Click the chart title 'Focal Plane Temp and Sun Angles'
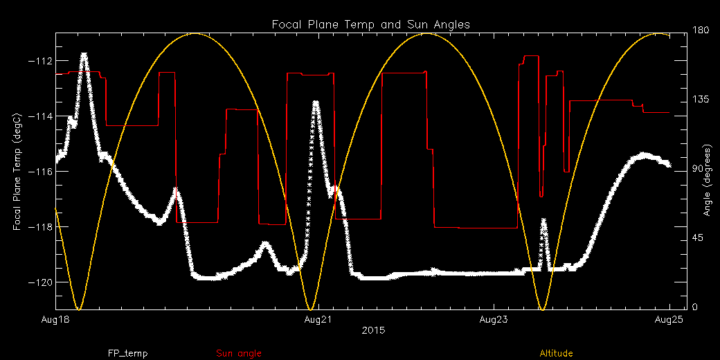(x=370, y=24)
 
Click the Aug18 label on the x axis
(x=55, y=320)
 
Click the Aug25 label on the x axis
(x=668, y=320)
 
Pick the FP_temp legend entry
(x=127, y=354)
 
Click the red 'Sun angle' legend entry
(x=239, y=354)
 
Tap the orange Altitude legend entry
(x=556, y=354)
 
